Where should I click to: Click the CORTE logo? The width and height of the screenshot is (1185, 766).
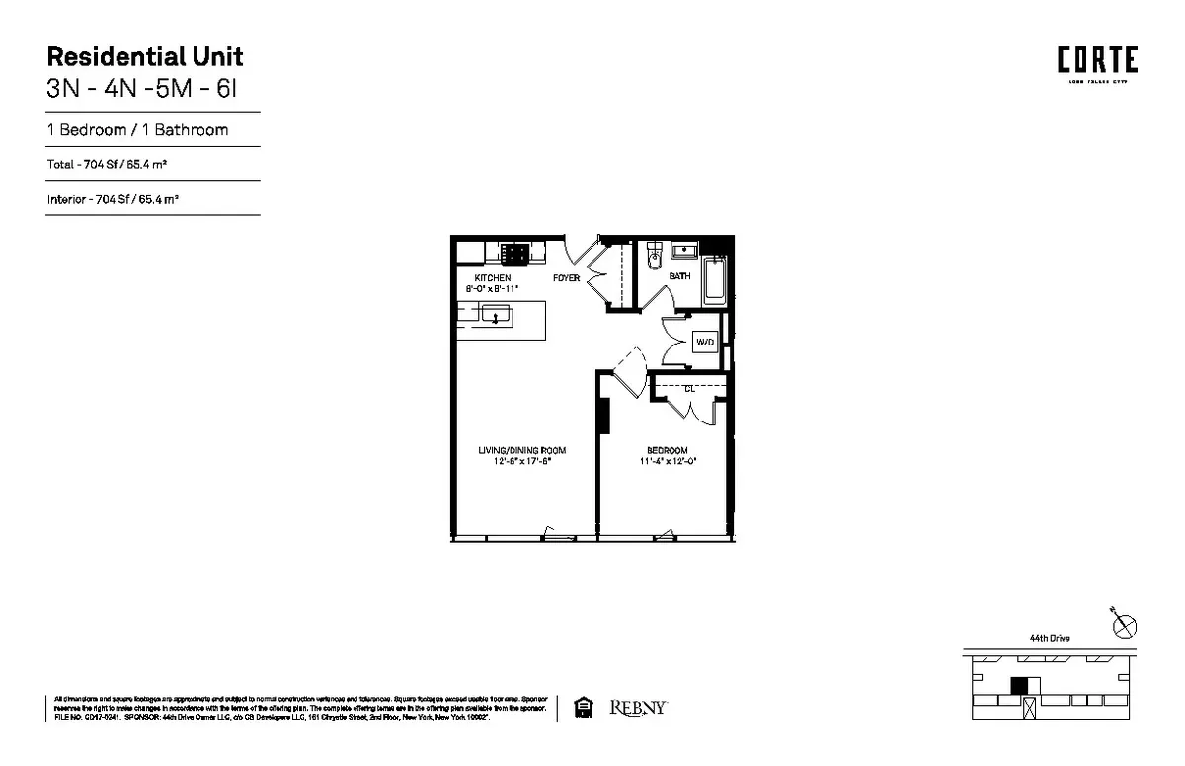point(1097,61)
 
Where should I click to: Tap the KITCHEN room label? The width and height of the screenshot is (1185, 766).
point(493,278)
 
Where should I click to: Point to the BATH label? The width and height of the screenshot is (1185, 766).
point(680,276)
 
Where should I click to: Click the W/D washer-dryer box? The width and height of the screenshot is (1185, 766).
point(705,343)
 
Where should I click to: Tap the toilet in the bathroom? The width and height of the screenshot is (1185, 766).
point(652,260)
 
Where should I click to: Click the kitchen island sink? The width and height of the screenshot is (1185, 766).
point(496,317)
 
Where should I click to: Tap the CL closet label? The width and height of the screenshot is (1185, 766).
point(689,389)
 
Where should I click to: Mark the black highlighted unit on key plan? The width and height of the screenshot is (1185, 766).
point(1019,686)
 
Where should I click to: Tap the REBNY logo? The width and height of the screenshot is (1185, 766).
point(638,708)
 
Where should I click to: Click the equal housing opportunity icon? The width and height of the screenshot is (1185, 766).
point(583,708)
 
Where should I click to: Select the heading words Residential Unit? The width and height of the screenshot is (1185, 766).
point(145,56)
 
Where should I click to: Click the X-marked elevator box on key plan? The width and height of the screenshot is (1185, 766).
point(1031,707)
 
